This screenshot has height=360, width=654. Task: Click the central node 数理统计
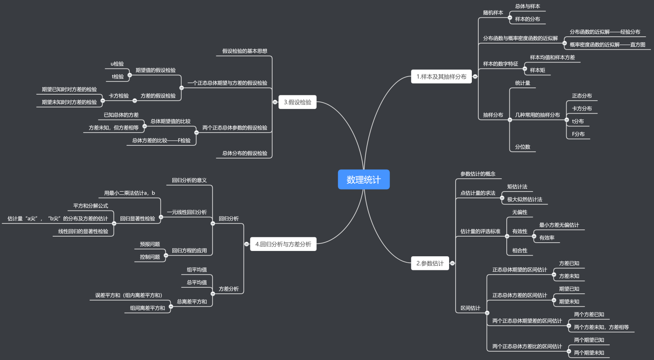click(364, 179)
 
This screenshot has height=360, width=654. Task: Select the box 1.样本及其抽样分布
click(441, 76)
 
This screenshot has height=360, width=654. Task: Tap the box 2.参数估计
click(430, 263)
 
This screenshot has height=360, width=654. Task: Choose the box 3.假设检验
click(297, 102)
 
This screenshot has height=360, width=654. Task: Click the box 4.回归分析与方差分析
click(283, 244)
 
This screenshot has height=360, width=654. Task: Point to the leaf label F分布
click(578, 134)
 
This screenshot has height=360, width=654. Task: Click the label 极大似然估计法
click(524, 199)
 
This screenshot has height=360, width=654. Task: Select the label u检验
click(117, 64)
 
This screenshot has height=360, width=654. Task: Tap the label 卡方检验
click(119, 96)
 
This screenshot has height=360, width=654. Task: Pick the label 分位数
click(522, 147)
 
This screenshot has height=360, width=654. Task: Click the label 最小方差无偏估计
click(559, 225)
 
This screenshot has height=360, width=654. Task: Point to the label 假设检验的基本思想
click(245, 51)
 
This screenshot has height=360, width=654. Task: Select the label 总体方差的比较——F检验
click(161, 140)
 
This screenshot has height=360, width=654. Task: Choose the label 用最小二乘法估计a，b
click(130, 193)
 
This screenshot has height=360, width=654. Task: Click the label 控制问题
click(150, 257)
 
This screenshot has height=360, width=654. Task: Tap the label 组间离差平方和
click(147, 308)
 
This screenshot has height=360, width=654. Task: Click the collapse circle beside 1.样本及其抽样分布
click(475, 76)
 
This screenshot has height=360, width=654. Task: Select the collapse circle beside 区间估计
click(487, 313)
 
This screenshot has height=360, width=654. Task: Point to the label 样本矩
click(537, 70)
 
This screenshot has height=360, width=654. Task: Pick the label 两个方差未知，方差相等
click(601, 327)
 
